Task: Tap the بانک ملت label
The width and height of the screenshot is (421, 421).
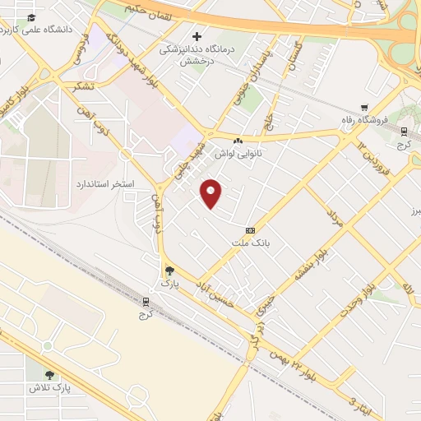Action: (x=250, y=243)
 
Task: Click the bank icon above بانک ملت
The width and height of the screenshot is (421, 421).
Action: (x=250, y=230)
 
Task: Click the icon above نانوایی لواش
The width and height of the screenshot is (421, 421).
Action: (x=238, y=141)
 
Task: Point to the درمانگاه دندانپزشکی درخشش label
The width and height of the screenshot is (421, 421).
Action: (x=197, y=53)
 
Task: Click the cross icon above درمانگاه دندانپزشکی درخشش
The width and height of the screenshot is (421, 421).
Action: (x=197, y=36)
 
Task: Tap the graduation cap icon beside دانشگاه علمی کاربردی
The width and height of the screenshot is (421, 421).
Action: (x=31, y=18)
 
